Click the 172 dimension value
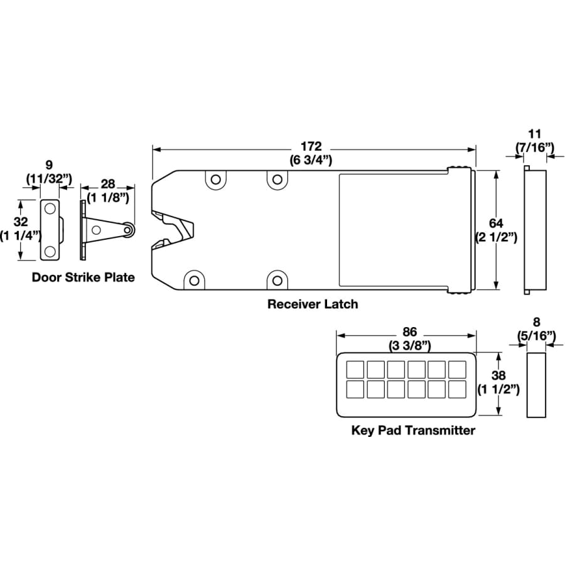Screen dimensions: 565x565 [311, 146]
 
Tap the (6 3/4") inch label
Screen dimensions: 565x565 [311, 159]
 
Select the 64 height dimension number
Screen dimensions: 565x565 [496, 223]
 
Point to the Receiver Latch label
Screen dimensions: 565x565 [313, 304]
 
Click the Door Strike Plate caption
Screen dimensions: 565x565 [83, 277]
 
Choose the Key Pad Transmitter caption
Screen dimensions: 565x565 [413, 430]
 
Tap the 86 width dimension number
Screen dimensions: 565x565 [410, 331]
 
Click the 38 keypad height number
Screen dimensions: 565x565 [498, 375]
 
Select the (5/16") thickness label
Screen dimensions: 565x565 [537, 336]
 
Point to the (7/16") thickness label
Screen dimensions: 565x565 [535, 148]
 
